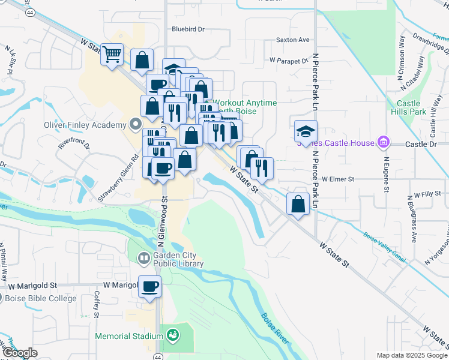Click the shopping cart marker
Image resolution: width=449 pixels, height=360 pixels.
pyautogui.click(x=112, y=55)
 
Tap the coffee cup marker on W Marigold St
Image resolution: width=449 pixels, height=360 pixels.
pyautogui.click(x=149, y=286)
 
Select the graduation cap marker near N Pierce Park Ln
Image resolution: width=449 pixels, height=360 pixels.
pyautogui.click(x=306, y=132)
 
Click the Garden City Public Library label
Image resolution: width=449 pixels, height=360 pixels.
pyautogui.click(x=178, y=259)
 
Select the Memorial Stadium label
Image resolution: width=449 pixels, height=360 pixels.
pyautogui.click(x=129, y=335)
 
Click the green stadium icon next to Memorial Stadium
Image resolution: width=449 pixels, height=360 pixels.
pyautogui.click(x=172, y=335)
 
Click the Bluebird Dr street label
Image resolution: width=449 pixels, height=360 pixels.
pyautogui.click(x=188, y=29)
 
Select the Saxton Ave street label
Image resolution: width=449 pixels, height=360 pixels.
pyautogui.click(x=292, y=40)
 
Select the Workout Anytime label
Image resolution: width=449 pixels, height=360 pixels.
pyautogui.click(x=246, y=103)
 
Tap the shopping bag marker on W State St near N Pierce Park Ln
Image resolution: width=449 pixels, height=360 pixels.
pyautogui.click(x=298, y=204)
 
